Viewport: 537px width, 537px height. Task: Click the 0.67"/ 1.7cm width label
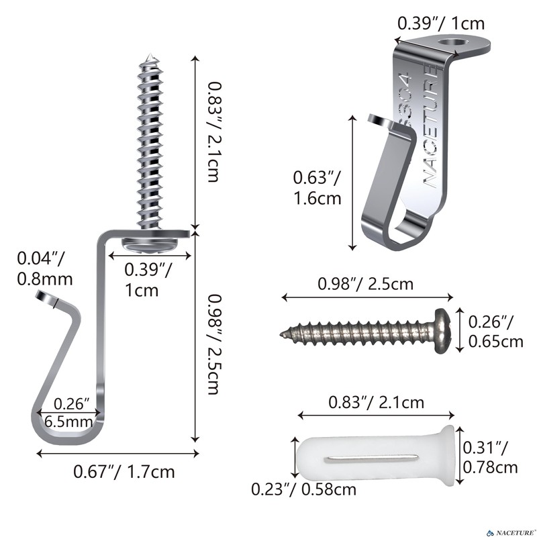click(x=124, y=472)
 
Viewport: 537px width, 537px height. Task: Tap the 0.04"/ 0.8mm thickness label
click(x=45, y=268)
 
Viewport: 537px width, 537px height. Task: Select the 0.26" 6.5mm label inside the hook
click(x=69, y=413)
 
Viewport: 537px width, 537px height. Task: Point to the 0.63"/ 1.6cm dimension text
click(x=317, y=188)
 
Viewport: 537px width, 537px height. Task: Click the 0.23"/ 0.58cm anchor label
click(x=304, y=489)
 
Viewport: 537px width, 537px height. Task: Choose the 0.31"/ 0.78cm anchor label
click(x=490, y=457)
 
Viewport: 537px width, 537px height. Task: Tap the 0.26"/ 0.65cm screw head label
click(x=495, y=332)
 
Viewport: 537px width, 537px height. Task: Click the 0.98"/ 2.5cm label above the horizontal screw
click(x=365, y=284)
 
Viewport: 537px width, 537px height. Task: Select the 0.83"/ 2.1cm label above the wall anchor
click(x=376, y=402)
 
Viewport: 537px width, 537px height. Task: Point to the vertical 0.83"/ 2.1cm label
click(x=215, y=132)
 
